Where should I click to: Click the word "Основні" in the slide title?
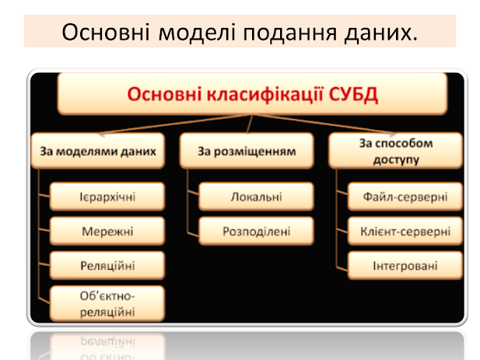(x=106, y=32)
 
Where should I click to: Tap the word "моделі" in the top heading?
(x=197, y=33)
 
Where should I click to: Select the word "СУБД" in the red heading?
(x=353, y=94)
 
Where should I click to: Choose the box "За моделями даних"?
(x=98, y=151)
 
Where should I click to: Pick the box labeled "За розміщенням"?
(x=247, y=151)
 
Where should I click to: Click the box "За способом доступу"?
(x=395, y=151)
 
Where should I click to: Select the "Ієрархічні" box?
(x=107, y=197)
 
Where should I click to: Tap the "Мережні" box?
(x=107, y=231)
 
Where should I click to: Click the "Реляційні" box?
(x=107, y=265)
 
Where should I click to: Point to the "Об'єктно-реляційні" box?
(x=107, y=304)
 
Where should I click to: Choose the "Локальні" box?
(x=256, y=197)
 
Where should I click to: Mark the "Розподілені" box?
(x=256, y=231)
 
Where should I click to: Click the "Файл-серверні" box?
(x=405, y=197)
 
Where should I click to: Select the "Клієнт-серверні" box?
(x=405, y=231)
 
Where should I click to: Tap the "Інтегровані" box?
(x=405, y=265)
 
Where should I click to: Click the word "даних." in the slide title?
(x=381, y=33)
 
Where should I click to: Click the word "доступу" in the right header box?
(x=396, y=160)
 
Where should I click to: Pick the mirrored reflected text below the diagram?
(x=107, y=348)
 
